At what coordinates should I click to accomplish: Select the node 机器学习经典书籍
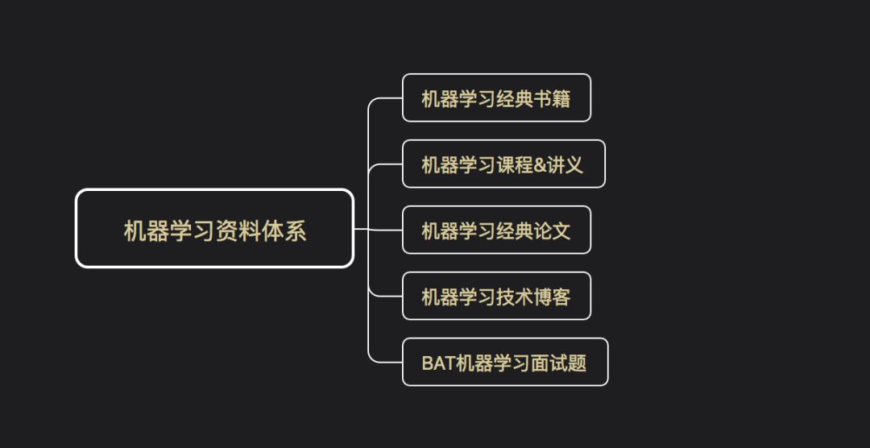pyautogui.click(x=496, y=98)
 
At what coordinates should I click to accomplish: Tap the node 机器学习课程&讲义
pyautogui.click(x=503, y=164)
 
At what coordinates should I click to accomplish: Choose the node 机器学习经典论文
pyautogui.click(x=496, y=230)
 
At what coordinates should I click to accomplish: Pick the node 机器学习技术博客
pyautogui.click(x=496, y=297)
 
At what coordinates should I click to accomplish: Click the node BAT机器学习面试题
pyautogui.click(x=504, y=363)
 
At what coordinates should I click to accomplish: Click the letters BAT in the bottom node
pyautogui.click(x=438, y=363)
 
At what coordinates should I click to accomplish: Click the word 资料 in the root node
pyautogui.click(x=237, y=231)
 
